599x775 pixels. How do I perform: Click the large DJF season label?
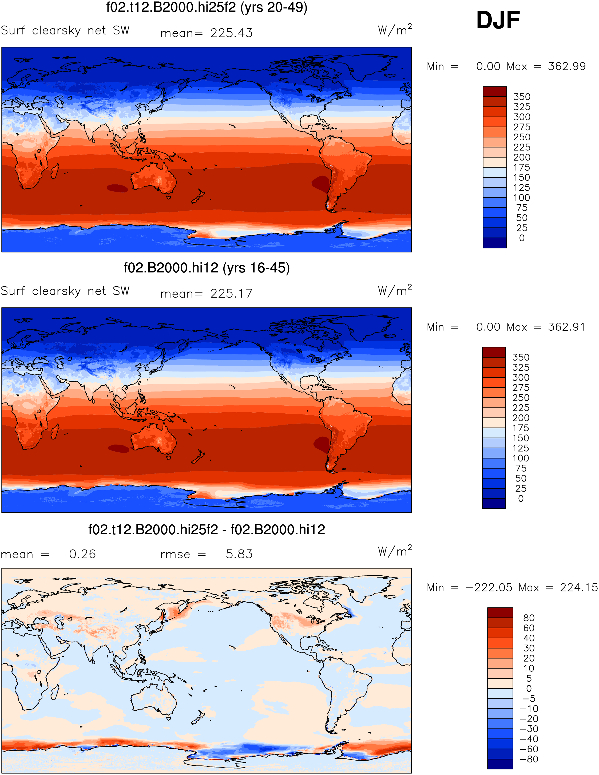pos(498,20)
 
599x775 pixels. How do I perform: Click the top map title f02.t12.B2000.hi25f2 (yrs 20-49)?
pos(207,7)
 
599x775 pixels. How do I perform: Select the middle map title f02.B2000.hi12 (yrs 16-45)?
pos(207,268)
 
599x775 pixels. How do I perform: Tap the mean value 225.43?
pos(231,33)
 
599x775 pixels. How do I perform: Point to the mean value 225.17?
pos(231,294)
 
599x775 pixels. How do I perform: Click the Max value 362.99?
pos(567,66)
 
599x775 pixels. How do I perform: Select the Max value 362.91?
pos(567,327)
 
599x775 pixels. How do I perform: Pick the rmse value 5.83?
pos(239,554)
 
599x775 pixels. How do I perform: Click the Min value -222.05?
pos(489,587)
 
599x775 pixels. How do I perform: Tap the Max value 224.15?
pos(579,587)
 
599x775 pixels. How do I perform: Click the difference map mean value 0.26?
pos(82,554)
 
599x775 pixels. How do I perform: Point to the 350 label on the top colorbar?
pos(522,97)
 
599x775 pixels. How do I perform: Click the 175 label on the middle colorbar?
pos(521,428)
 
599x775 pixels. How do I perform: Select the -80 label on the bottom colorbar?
pos(529,759)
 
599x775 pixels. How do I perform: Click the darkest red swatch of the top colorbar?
pos(495,92)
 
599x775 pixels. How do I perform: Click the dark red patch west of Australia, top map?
pos(117,188)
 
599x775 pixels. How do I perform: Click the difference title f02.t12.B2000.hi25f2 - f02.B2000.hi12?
pos(207,530)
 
